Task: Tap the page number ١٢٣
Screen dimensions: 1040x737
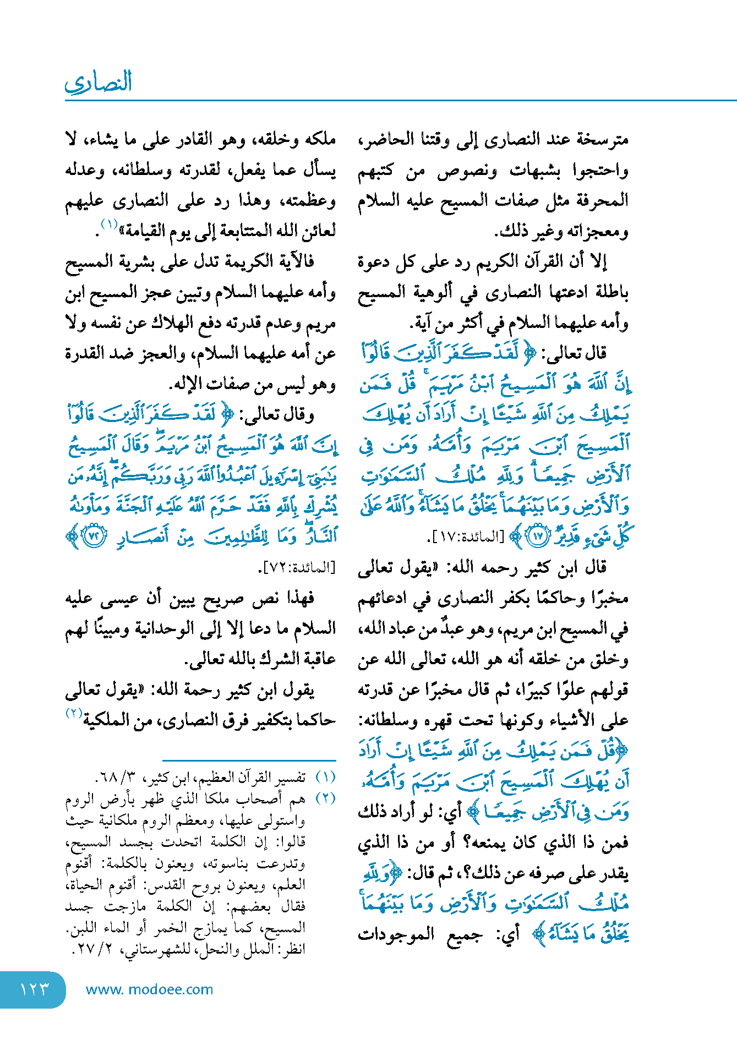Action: pyautogui.click(x=34, y=989)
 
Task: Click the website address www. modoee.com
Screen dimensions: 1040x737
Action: pyautogui.click(x=149, y=989)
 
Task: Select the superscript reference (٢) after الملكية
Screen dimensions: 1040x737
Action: pyautogui.click(x=74, y=713)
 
